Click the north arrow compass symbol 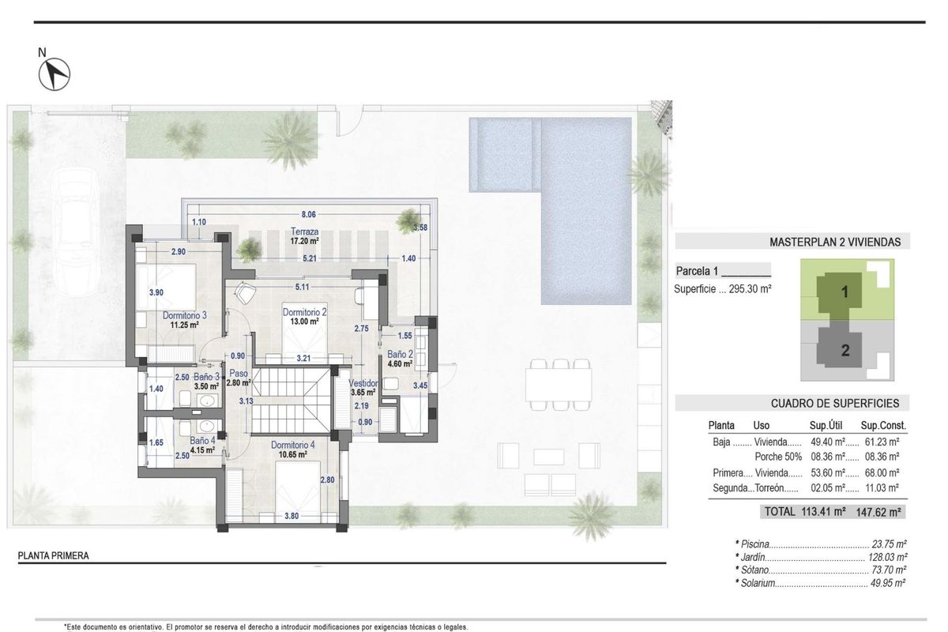tap(55, 74)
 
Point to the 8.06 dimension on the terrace tap(309, 214)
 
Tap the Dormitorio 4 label tap(292, 445)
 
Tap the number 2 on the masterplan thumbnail tap(845, 351)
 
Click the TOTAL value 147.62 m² tap(880, 512)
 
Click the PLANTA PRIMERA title tap(54, 555)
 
